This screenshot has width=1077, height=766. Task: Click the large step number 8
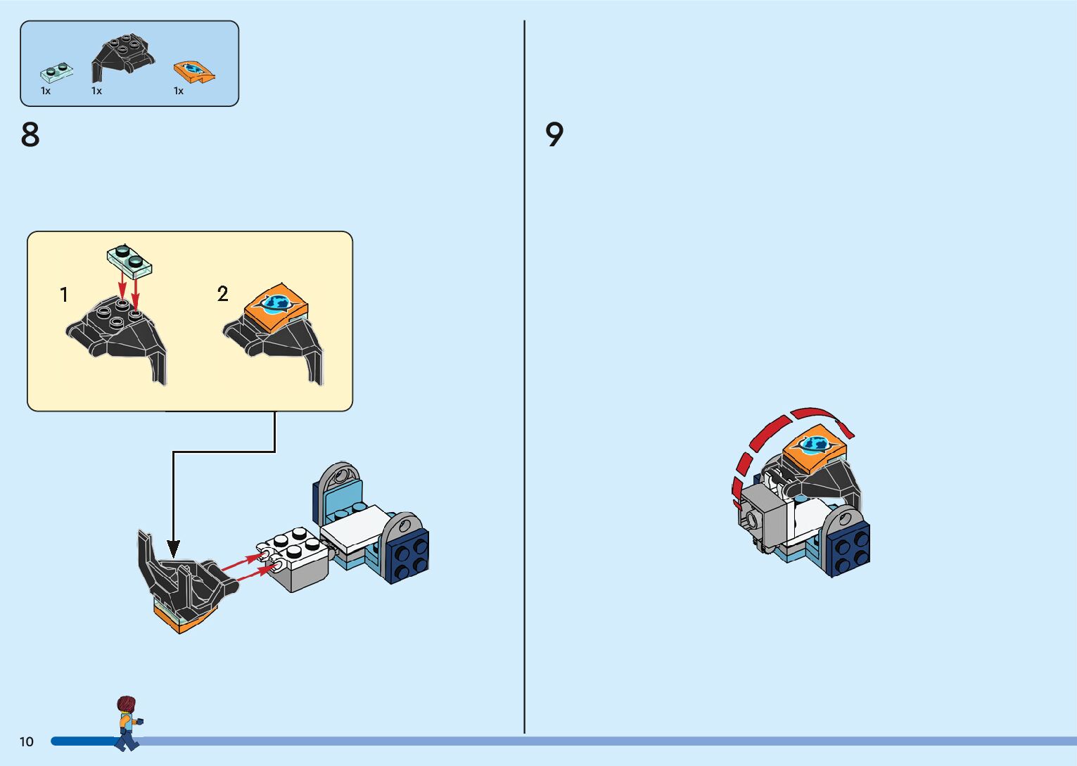point(30,134)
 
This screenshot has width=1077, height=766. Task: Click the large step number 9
point(554,134)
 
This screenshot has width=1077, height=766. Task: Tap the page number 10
point(27,741)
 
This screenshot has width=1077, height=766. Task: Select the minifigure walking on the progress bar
point(127,722)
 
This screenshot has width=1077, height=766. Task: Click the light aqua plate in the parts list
point(57,72)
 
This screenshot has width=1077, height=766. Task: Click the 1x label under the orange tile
point(179,91)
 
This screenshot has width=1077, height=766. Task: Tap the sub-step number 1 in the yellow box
point(64,295)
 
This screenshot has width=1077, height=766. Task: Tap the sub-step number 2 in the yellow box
point(222,294)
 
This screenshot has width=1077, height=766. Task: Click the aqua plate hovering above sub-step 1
point(129,260)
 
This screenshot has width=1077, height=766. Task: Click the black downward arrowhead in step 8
point(173,548)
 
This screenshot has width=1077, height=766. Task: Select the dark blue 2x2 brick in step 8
point(407,556)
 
